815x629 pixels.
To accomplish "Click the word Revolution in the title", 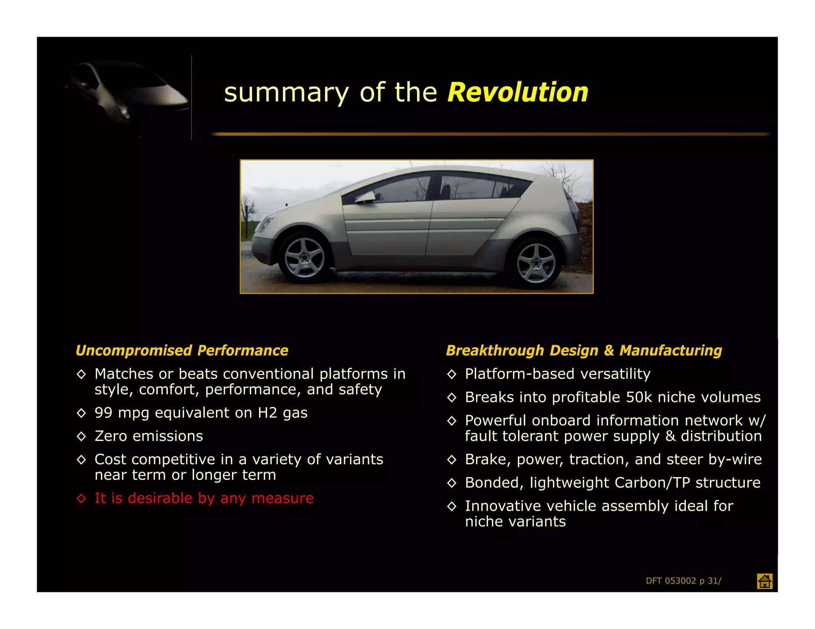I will point(518,93).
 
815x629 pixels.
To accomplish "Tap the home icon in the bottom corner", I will point(764,581).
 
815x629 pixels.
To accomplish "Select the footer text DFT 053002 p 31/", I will point(683,581).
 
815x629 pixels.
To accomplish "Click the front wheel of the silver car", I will point(304,258).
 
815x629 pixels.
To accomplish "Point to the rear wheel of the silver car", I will point(536,262).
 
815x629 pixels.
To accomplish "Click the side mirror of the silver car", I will point(367,198).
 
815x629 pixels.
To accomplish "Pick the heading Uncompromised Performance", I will point(182,351).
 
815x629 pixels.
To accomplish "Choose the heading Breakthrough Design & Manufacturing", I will point(584,351).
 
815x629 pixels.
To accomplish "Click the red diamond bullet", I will point(81,499).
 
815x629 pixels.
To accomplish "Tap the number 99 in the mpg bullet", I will point(103,413).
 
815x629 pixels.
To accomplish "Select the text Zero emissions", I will point(149,436).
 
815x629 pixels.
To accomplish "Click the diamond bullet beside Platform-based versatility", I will point(452,374).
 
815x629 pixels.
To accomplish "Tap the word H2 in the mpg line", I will point(267,413).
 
